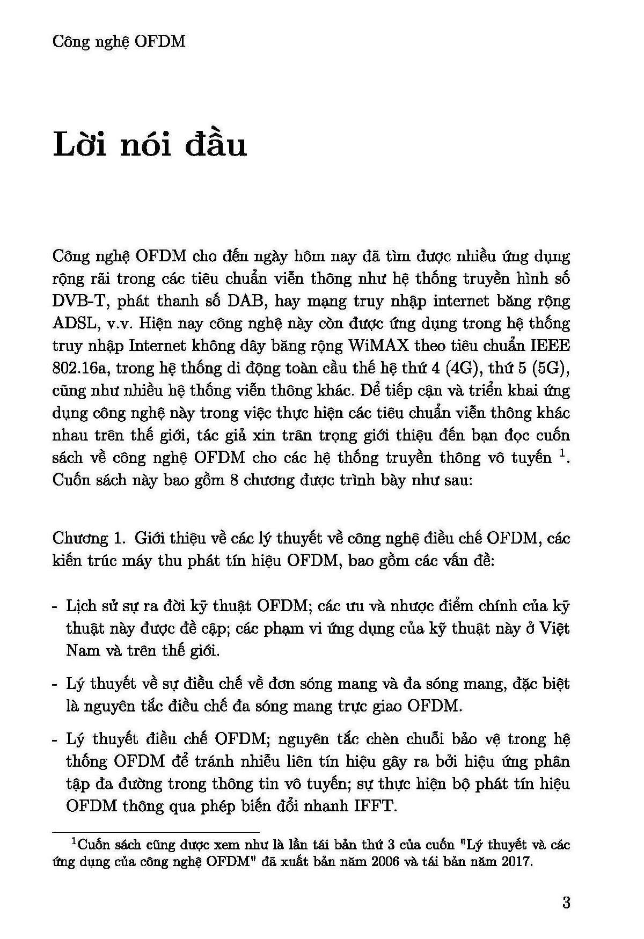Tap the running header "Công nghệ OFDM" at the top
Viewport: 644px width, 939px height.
[x=119, y=41]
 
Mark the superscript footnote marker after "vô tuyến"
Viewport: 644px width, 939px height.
[x=562, y=454]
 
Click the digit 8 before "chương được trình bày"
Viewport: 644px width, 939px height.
[x=233, y=480]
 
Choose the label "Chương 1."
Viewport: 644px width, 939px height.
[x=89, y=538]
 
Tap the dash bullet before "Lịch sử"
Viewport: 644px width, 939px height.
[x=55, y=606]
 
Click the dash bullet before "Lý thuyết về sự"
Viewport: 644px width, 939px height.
[x=55, y=685]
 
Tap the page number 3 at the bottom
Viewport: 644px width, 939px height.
[x=566, y=903]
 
